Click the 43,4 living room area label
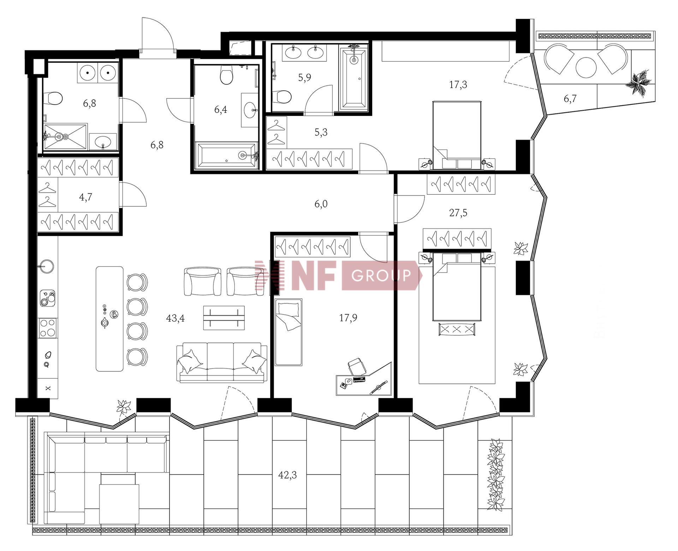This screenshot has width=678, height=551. [175, 318]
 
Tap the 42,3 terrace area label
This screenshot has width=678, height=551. [287, 475]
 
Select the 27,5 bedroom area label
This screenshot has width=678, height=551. [458, 213]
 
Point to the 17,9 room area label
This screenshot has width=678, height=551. [348, 318]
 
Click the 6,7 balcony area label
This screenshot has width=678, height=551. [570, 99]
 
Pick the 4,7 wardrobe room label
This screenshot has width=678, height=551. [85, 197]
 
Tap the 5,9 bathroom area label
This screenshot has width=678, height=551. [304, 77]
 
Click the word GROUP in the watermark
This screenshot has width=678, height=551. [381, 275]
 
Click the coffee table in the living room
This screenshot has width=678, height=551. [224, 318]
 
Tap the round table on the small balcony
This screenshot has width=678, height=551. [586, 67]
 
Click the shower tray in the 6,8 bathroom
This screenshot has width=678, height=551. [65, 137]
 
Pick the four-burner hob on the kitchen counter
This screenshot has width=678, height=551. [48, 328]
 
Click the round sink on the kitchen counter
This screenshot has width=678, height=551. [47, 266]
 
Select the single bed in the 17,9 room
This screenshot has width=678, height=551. [289, 332]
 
